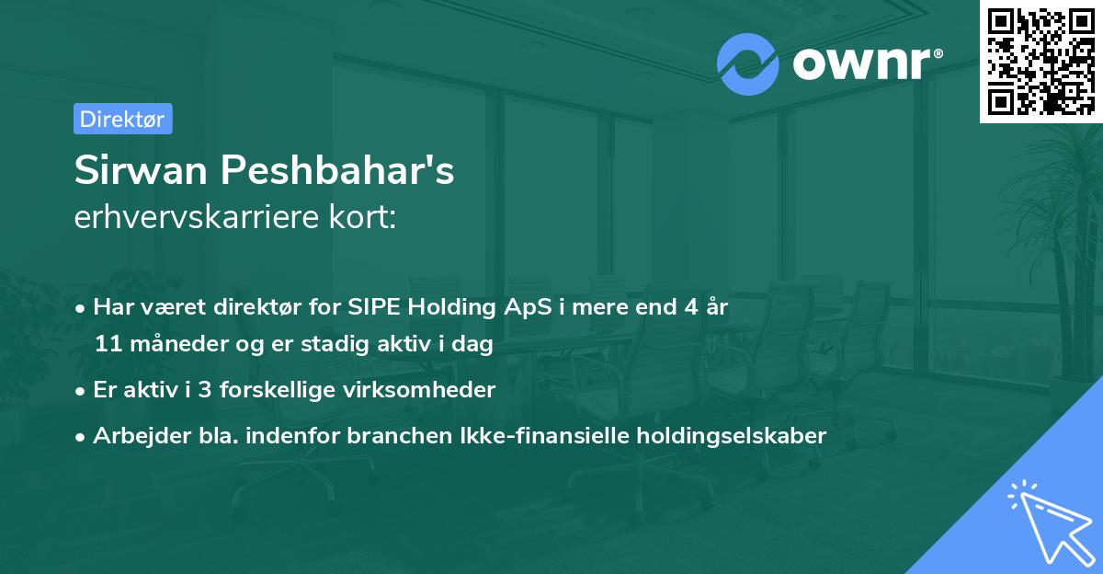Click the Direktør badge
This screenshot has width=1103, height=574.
tap(122, 119)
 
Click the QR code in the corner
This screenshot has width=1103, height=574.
tap(1040, 61)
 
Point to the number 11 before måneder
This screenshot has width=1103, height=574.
tap(107, 345)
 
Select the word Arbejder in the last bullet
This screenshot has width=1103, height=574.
tap(133, 435)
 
